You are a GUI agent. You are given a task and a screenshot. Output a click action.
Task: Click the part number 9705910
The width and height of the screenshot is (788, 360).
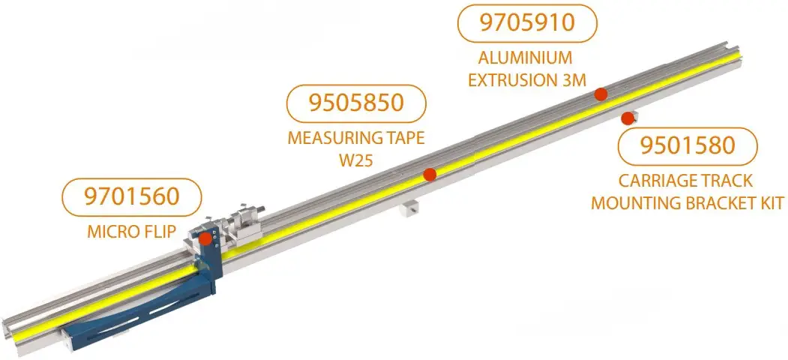pyautogui.click(x=526, y=22)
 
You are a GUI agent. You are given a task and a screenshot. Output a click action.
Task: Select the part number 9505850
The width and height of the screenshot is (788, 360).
pyautogui.click(x=356, y=103)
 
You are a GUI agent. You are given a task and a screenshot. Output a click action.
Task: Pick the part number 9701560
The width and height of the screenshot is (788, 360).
pyautogui.click(x=133, y=197)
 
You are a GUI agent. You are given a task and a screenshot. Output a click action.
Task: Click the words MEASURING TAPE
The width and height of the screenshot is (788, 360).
pyautogui.click(x=356, y=139)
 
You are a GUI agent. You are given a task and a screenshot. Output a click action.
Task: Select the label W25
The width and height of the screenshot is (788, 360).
pyautogui.click(x=356, y=160)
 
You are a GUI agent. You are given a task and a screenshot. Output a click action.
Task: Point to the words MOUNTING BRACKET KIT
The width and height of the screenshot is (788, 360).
pyautogui.click(x=687, y=203)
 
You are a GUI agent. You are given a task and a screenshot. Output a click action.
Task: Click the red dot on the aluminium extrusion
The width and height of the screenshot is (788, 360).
pyautogui.click(x=600, y=94)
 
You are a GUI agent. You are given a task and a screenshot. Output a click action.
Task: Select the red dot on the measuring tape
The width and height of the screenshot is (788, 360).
pyautogui.click(x=430, y=175)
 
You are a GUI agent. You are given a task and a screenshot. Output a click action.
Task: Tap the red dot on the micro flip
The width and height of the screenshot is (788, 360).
pyautogui.click(x=205, y=238)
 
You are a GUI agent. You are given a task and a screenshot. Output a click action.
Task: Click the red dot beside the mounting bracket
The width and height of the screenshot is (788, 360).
pyautogui.click(x=626, y=117)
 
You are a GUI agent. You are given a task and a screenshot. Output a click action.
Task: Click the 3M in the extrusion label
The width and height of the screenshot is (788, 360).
pyautogui.click(x=571, y=79)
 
